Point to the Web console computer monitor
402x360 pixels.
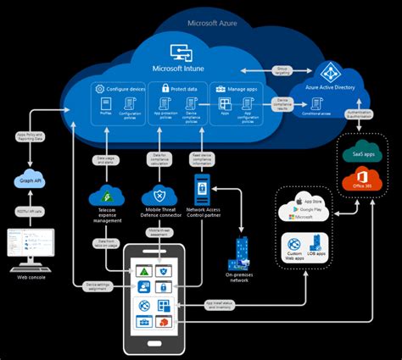[30, 244]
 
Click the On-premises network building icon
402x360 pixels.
[241, 251]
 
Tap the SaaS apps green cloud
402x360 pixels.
[364, 153]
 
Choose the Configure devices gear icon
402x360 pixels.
[100, 88]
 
